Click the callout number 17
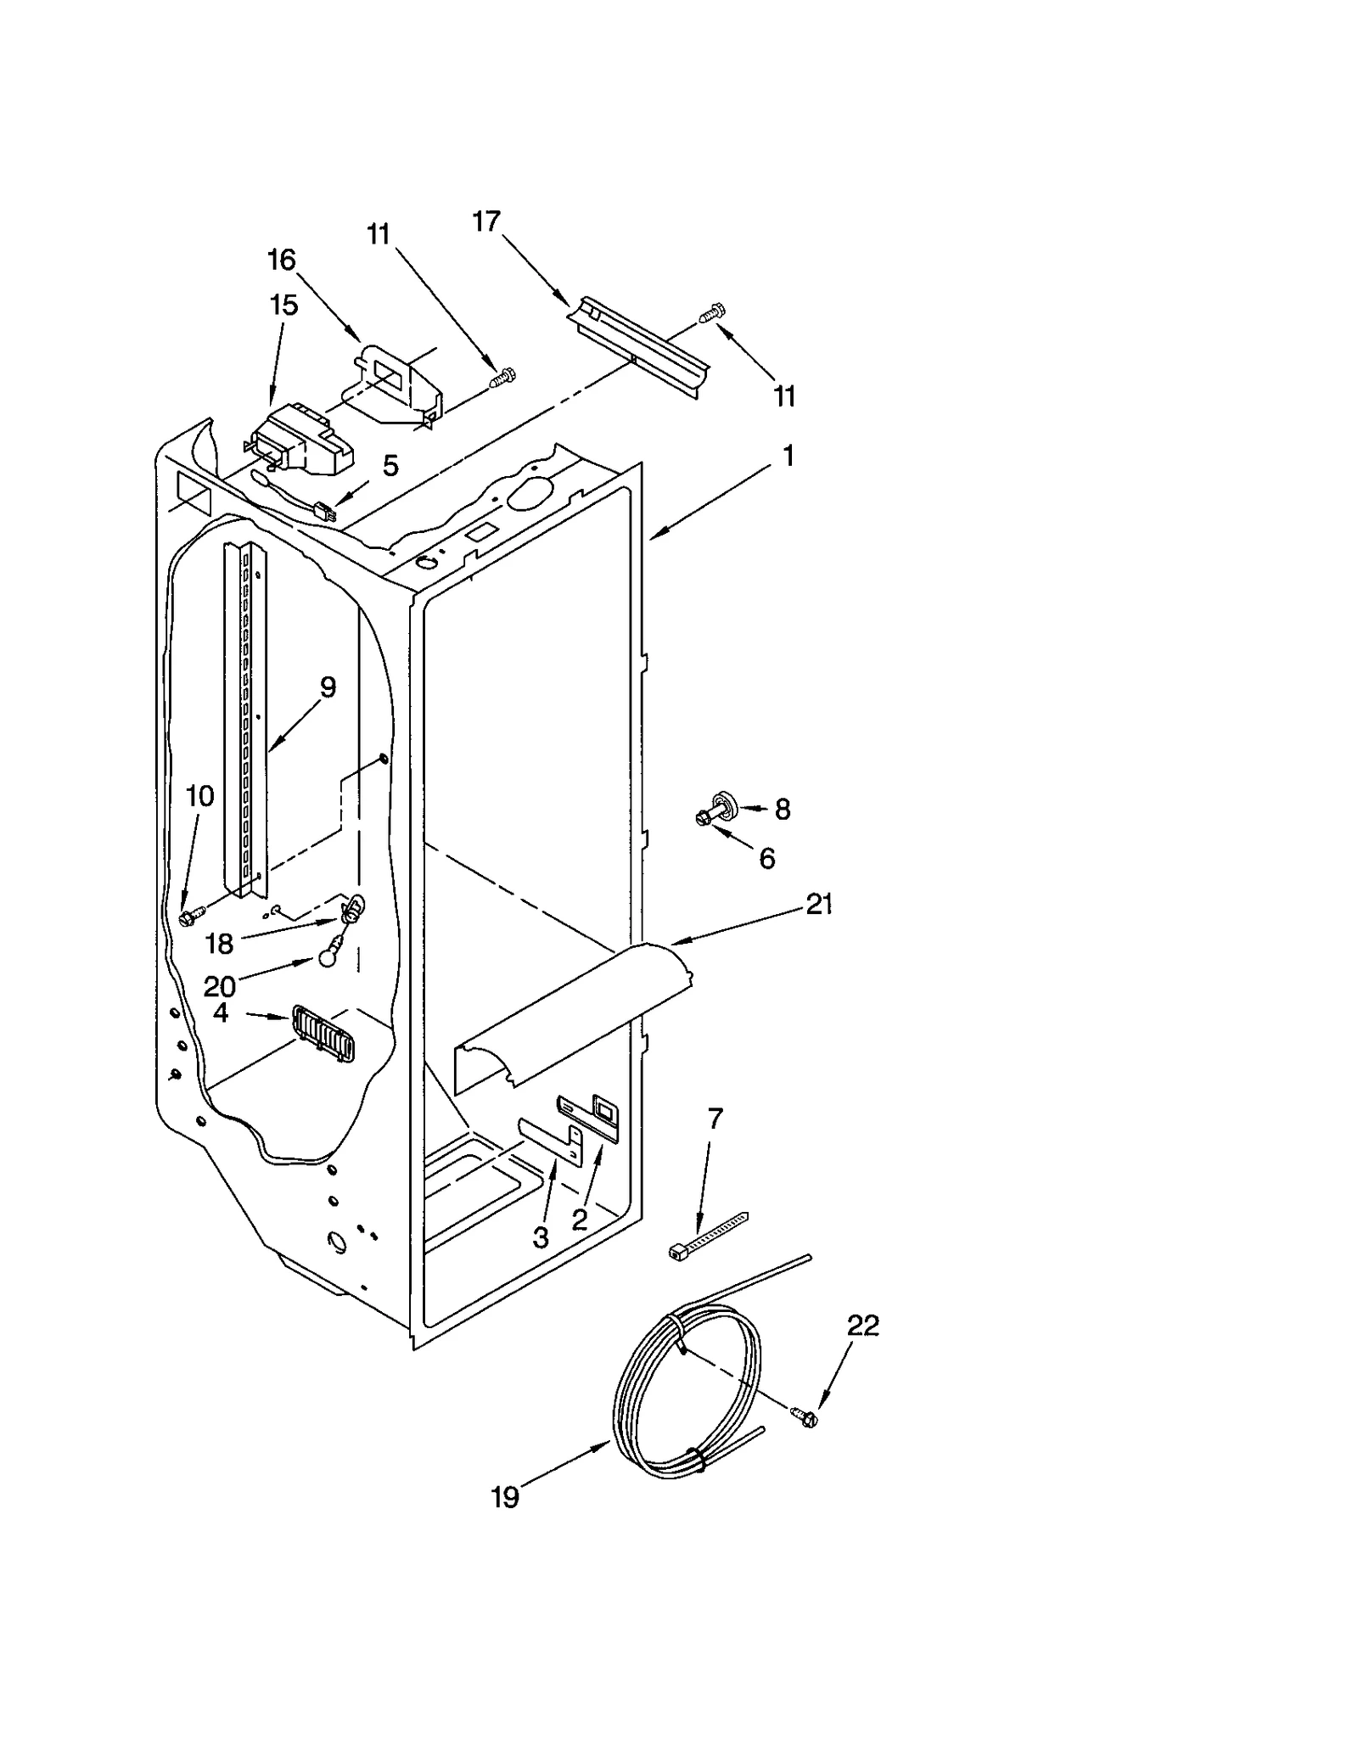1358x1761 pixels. (486, 222)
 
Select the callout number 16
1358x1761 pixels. (282, 260)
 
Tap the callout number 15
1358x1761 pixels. (283, 305)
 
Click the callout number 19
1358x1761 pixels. (505, 1498)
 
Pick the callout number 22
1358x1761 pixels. (863, 1325)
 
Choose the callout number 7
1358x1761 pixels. (715, 1119)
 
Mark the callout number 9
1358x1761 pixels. (328, 687)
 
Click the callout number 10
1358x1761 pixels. (200, 796)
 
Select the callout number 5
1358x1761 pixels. (390, 465)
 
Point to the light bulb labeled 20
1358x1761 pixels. (328, 957)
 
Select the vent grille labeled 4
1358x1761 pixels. (323, 1032)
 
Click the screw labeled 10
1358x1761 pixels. (191, 917)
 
